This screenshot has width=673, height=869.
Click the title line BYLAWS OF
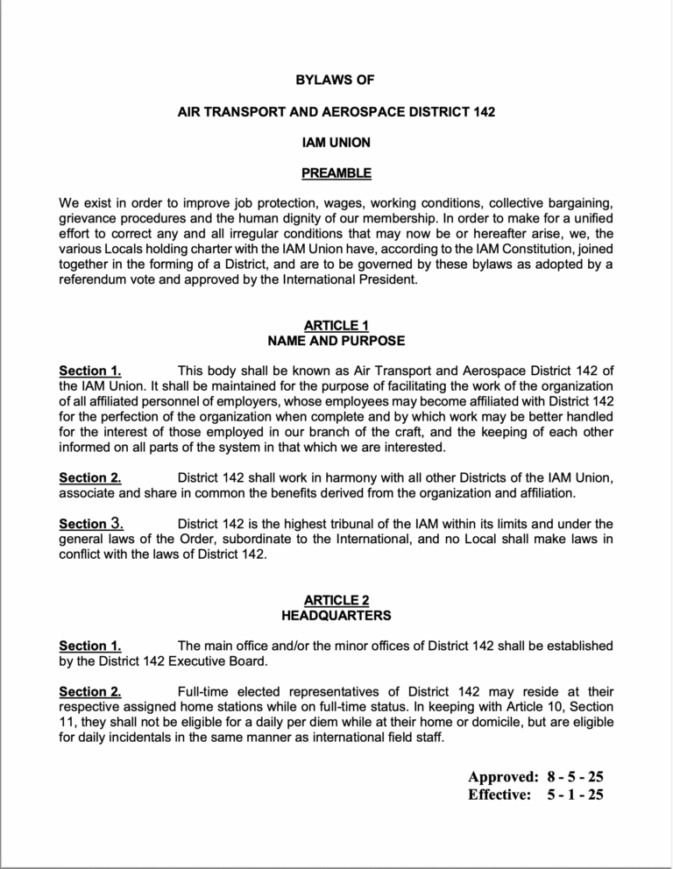[336, 80]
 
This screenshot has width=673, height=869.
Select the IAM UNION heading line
[336, 143]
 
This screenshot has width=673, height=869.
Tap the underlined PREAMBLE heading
[336, 173]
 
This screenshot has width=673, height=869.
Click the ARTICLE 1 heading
[336, 325]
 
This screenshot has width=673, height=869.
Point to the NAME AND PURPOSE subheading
[336, 340]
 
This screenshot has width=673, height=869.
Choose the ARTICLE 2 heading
[336, 600]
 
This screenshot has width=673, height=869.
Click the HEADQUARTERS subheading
[336, 615]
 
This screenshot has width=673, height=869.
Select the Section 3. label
[89, 524]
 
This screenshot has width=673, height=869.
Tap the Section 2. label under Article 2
[89, 691]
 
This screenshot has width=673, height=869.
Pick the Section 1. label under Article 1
[89, 371]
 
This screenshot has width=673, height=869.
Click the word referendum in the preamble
[96, 281]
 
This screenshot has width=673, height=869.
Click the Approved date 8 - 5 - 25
[575, 776]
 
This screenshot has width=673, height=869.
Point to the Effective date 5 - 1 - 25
[575, 795]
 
